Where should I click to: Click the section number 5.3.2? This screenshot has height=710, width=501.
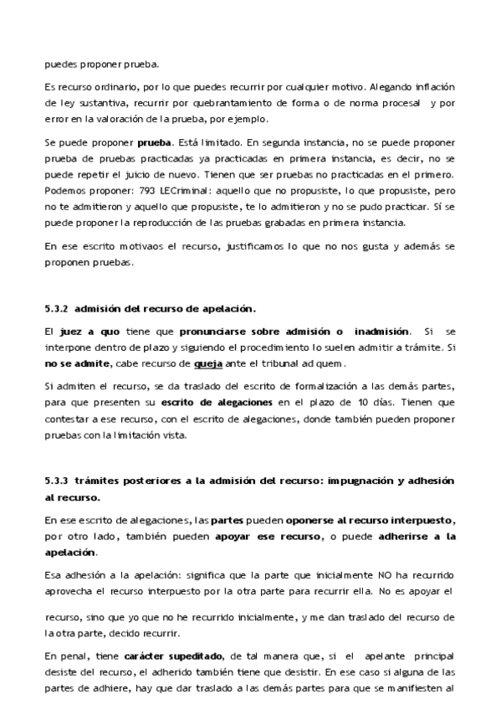(55, 308)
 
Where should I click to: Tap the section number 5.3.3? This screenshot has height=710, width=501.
(55, 481)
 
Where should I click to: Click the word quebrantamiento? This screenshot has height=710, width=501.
(180, 103)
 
